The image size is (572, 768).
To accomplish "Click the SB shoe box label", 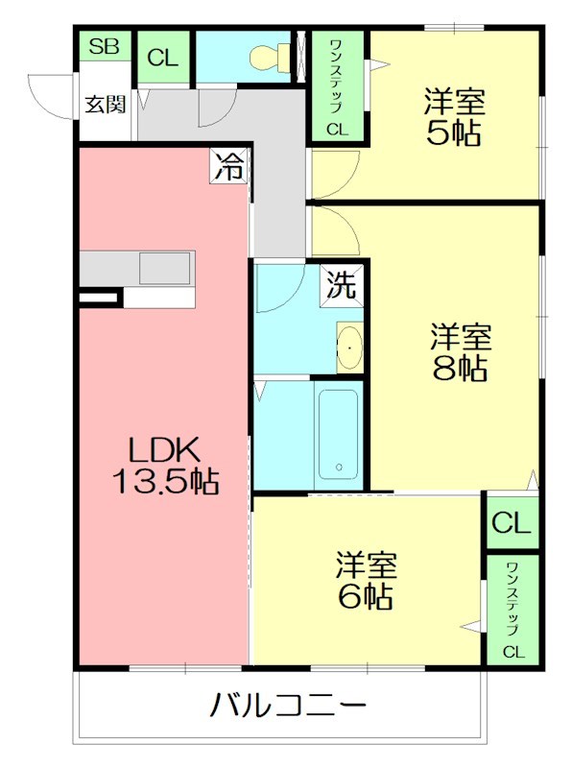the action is coord(105,46).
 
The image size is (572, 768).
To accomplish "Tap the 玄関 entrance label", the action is coord(106,105).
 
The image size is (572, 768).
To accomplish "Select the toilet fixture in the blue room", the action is coord(270,58).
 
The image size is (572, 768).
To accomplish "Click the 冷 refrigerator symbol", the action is coord(229,166).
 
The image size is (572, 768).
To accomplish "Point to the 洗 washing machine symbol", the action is coord(342,285).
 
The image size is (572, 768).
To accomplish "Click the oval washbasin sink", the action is coord(349,348).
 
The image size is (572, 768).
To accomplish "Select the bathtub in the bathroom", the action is coord(339,435).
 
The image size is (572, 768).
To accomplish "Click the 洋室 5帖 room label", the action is coord(454,116).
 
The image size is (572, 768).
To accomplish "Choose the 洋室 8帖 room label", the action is coord(461,352).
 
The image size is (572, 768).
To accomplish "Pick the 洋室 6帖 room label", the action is coord(366,581).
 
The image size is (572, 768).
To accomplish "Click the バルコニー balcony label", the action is coord(288,706).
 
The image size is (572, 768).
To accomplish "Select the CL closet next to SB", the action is coord(162,59).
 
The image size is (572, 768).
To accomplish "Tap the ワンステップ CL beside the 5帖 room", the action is coord(338,86).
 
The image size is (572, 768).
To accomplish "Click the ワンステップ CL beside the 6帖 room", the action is coord(512,611).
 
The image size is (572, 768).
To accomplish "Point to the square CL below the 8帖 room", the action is coord(512,522).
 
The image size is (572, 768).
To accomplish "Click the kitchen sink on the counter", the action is coord(164,269).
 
